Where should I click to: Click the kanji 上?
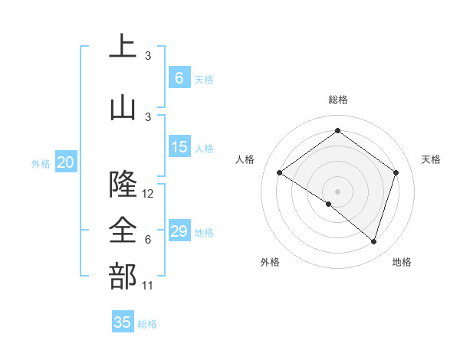point(123,47)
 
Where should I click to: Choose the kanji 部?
point(123,277)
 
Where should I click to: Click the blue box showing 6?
point(179,78)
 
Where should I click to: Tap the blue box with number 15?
point(179,147)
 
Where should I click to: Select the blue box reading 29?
point(179,231)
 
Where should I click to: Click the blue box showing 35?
point(123,322)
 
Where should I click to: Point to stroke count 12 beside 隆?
point(148,194)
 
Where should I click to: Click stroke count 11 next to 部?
point(148,286)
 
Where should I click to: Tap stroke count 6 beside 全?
point(148,240)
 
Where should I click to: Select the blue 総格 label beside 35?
point(147,324)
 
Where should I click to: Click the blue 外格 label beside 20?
point(41,163)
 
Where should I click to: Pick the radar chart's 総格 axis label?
point(337,100)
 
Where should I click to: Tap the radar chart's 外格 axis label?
point(270,263)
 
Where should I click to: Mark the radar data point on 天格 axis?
point(396,172)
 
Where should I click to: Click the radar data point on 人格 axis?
point(280,172)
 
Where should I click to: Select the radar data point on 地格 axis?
point(373,241)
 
